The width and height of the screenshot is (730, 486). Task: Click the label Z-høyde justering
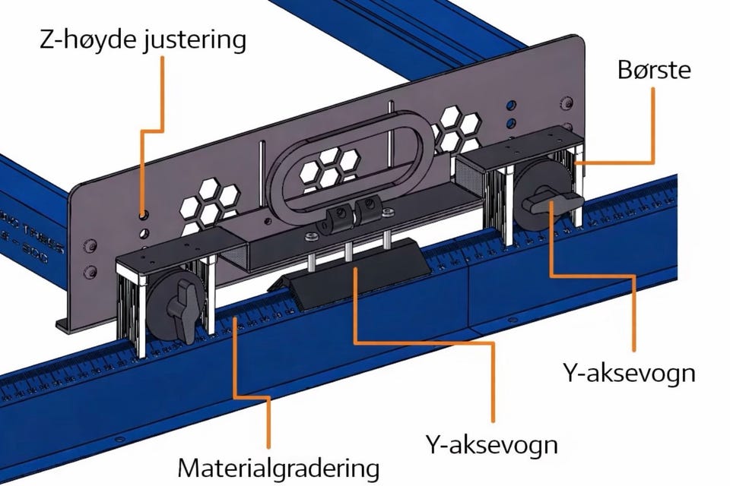tap(142, 39)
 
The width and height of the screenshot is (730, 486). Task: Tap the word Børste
tap(654, 70)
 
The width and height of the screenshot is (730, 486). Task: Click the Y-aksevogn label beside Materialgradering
tap(491, 444)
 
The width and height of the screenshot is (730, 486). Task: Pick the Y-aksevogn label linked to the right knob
tap(629, 373)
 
